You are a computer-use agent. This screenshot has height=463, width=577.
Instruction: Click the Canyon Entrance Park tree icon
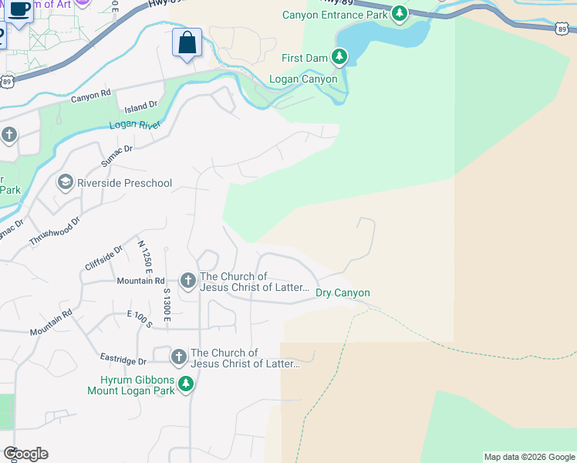coord(399,13)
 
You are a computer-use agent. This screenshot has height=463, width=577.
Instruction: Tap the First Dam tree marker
coord(339,56)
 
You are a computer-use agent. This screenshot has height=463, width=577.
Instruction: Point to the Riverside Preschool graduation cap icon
coord(65,182)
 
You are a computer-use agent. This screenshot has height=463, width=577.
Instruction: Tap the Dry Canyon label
coord(342,292)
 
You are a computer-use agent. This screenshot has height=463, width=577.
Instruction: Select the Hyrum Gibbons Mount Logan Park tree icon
coord(185,384)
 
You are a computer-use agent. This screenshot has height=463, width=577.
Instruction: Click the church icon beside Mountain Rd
coord(187,281)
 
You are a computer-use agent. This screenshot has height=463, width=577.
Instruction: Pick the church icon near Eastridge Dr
coord(178,357)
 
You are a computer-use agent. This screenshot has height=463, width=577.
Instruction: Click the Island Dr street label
coord(142,105)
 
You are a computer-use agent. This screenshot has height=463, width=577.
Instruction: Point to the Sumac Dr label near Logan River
coord(117,155)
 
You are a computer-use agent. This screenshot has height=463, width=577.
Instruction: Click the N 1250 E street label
coord(143,256)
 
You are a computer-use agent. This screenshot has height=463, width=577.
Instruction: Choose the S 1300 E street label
coord(166,304)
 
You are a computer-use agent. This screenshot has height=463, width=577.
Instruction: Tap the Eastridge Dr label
coord(123,360)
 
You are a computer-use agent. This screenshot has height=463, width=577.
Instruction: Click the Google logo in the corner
coord(25,454)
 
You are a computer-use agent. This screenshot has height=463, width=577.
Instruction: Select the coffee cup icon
coord(21,9)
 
